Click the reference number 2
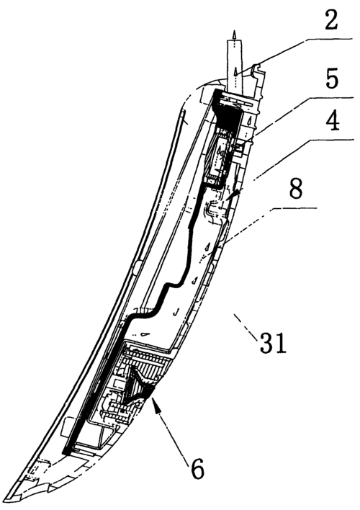click(x=330, y=19)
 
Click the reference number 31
click(x=273, y=343)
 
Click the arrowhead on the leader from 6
click(x=156, y=406)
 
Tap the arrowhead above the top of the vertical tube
click(x=234, y=35)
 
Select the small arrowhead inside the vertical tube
click(x=235, y=71)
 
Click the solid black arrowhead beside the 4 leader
click(x=235, y=194)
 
